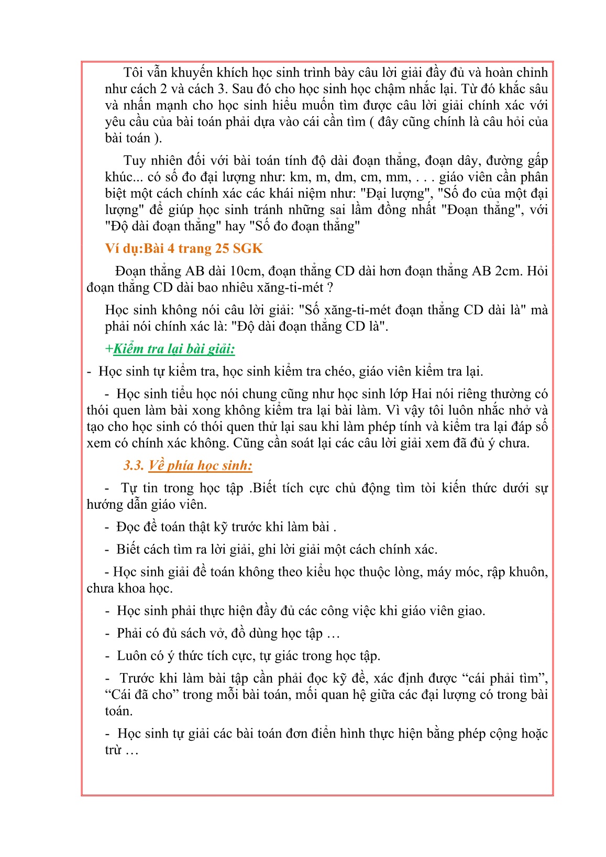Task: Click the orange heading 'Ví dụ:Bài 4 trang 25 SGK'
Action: [x=183, y=248]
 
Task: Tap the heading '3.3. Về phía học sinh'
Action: [x=188, y=465]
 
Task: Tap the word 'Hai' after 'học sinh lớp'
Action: [x=422, y=394]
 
